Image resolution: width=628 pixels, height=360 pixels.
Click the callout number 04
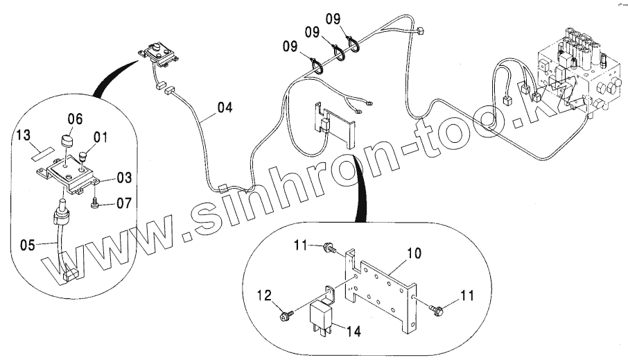coord(225,108)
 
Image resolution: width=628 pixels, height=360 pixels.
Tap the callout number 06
coord(74,119)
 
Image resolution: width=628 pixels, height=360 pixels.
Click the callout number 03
coord(123,178)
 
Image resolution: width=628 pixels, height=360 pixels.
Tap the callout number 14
coord(354,332)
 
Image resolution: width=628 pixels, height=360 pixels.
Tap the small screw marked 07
coord(96,203)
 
